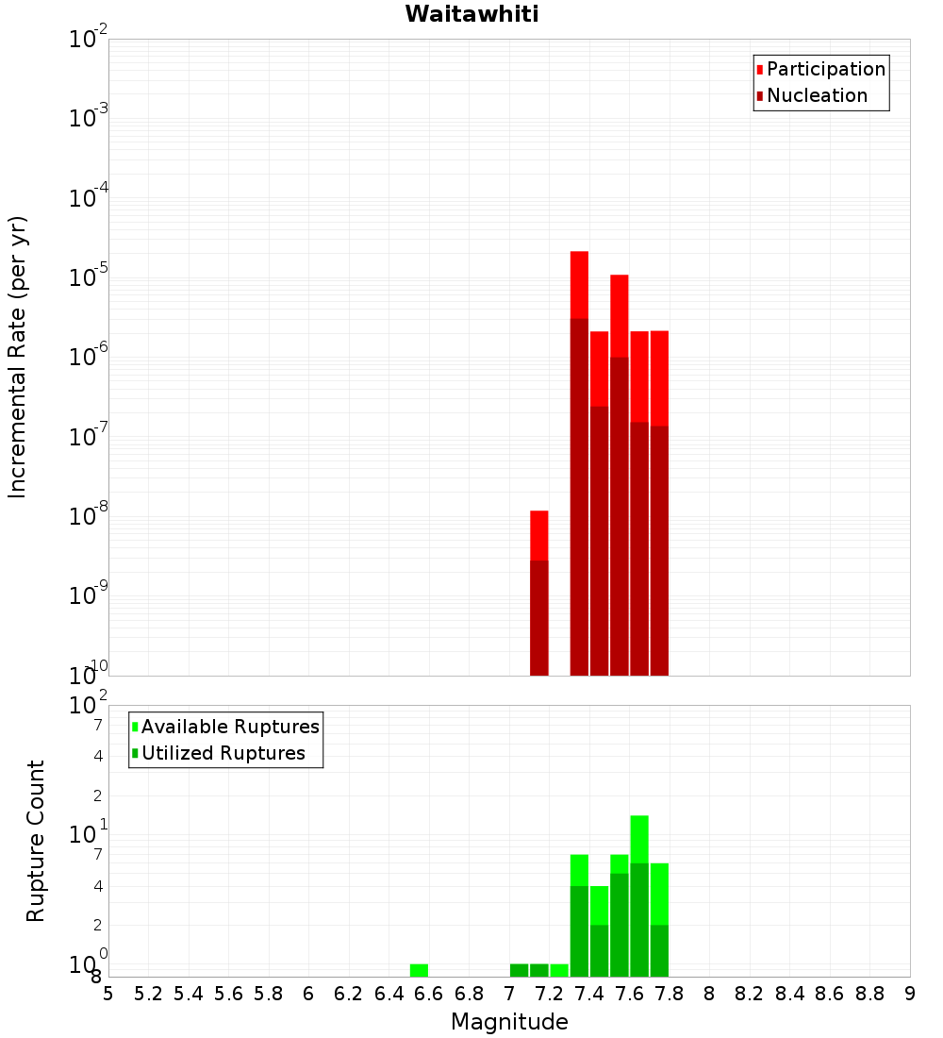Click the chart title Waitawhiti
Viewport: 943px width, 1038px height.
(x=471, y=15)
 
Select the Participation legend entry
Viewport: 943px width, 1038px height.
(x=825, y=70)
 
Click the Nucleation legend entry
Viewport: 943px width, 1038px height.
(x=817, y=96)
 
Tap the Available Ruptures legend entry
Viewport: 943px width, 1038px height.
(x=229, y=727)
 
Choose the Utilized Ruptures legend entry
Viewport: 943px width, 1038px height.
(x=223, y=753)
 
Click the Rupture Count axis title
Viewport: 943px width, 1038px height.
(x=36, y=841)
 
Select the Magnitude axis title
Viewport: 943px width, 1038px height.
(x=509, y=1022)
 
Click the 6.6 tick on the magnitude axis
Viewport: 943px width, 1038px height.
(x=429, y=994)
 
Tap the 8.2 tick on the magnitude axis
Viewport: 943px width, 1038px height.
(x=750, y=994)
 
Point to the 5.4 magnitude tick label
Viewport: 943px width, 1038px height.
(x=189, y=994)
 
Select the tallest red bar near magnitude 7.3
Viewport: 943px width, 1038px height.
(x=579, y=462)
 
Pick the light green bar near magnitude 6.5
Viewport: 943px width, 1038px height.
(x=419, y=970)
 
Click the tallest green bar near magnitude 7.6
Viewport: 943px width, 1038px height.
(x=639, y=896)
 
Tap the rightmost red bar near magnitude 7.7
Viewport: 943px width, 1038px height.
(x=659, y=500)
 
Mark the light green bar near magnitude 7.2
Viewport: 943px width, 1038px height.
(x=559, y=970)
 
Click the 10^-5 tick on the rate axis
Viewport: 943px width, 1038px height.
(x=89, y=277)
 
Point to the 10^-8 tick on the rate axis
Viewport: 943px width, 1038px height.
(x=89, y=516)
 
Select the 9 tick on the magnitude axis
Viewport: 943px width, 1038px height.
(x=910, y=994)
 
